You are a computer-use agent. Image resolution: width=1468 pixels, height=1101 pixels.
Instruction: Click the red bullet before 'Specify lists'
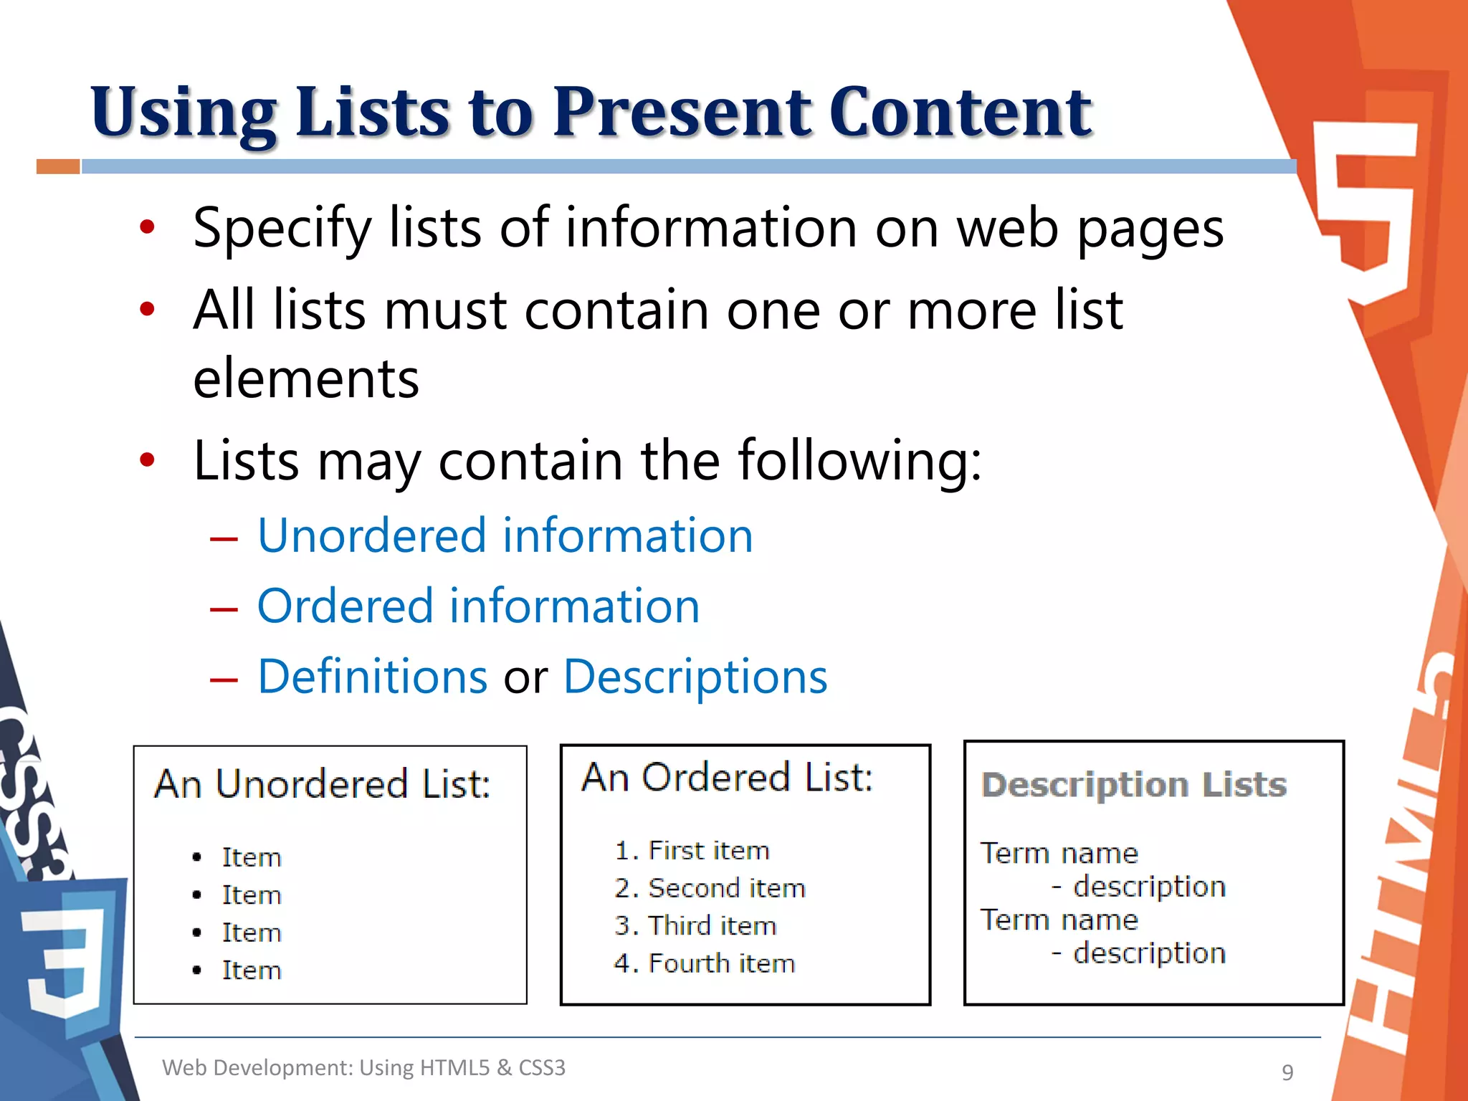coord(147,228)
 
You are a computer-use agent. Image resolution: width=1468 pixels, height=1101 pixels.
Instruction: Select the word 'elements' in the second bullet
coord(306,378)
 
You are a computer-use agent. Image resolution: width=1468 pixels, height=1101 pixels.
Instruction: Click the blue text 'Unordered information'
coord(505,535)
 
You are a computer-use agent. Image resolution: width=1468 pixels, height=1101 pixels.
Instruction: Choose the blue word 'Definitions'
coord(373,676)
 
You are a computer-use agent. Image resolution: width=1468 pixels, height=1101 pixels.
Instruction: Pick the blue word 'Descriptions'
coord(695,676)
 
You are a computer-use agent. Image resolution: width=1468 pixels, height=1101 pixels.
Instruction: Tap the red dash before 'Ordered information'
coord(223,609)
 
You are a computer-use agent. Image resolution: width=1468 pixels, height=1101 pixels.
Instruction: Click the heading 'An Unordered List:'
coord(323,783)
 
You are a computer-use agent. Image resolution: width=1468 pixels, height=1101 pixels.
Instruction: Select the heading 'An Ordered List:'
coord(727,777)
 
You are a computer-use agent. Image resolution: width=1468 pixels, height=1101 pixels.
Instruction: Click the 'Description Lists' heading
coord(1134,784)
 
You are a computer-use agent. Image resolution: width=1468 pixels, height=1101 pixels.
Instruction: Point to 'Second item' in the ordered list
coord(727,888)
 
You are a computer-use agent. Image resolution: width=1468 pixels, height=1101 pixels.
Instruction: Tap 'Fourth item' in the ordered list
coord(722,963)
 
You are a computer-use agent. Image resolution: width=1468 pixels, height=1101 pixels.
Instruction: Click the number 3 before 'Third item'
coord(622,926)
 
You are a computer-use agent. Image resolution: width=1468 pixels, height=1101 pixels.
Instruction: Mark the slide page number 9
coord(1287,1072)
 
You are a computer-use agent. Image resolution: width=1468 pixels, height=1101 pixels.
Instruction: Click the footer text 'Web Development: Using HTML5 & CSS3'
coord(363,1067)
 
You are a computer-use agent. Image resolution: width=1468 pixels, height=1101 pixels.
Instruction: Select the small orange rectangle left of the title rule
coord(58,166)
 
